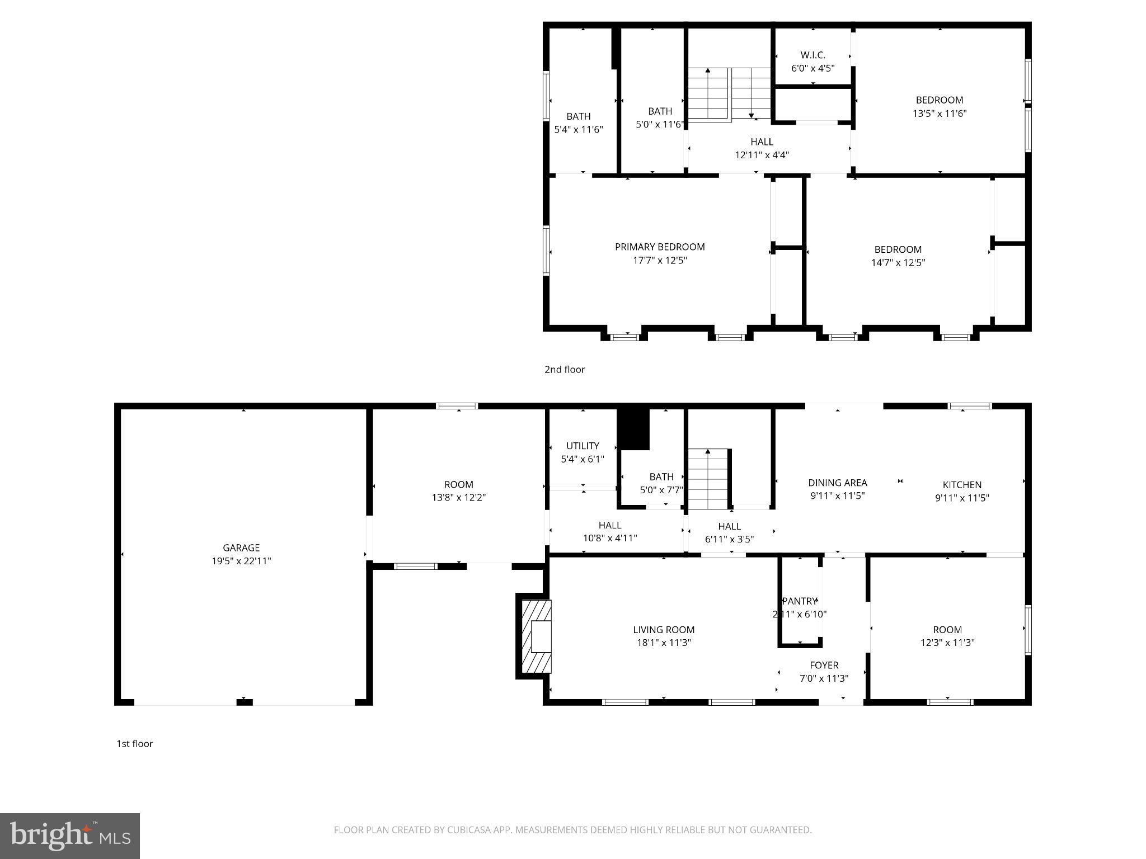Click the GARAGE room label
[x=241, y=548]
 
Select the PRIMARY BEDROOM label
[x=660, y=247]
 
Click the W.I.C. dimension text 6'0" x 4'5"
[x=812, y=68]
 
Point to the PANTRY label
[x=799, y=601]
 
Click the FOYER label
[x=824, y=665]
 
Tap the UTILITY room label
[x=583, y=446]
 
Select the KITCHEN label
[x=962, y=485]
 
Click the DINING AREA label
[x=837, y=483]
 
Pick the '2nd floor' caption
[x=565, y=369]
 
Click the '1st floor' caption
[x=134, y=743]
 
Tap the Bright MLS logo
[x=70, y=836]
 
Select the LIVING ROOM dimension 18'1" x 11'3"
[x=664, y=643]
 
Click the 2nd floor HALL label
[x=762, y=142]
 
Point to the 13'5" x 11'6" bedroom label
[x=939, y=100]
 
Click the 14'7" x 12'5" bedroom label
[x=898, y=249]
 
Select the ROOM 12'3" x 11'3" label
[x=947, y=630]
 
